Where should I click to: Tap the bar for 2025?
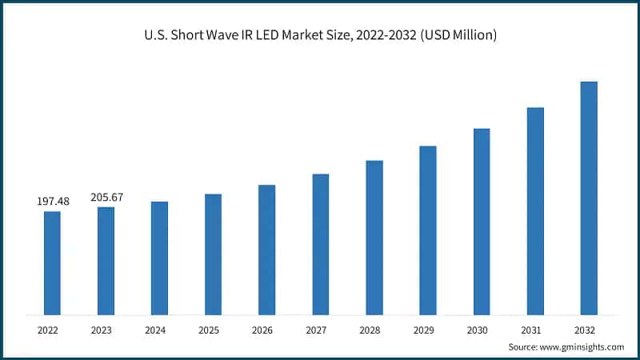click(213, 254)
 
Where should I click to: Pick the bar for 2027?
click(320, 244)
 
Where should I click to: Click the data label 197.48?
click(53, 202)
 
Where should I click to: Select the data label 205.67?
click(106, 198)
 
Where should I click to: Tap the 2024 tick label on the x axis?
click(159, 329)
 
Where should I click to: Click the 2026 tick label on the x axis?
click(266, 329)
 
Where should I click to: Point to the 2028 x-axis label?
click(374, 329)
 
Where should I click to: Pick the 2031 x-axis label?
click(535, 329)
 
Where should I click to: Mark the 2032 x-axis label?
click(589, 329)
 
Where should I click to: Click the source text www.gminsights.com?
click(582, 346)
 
